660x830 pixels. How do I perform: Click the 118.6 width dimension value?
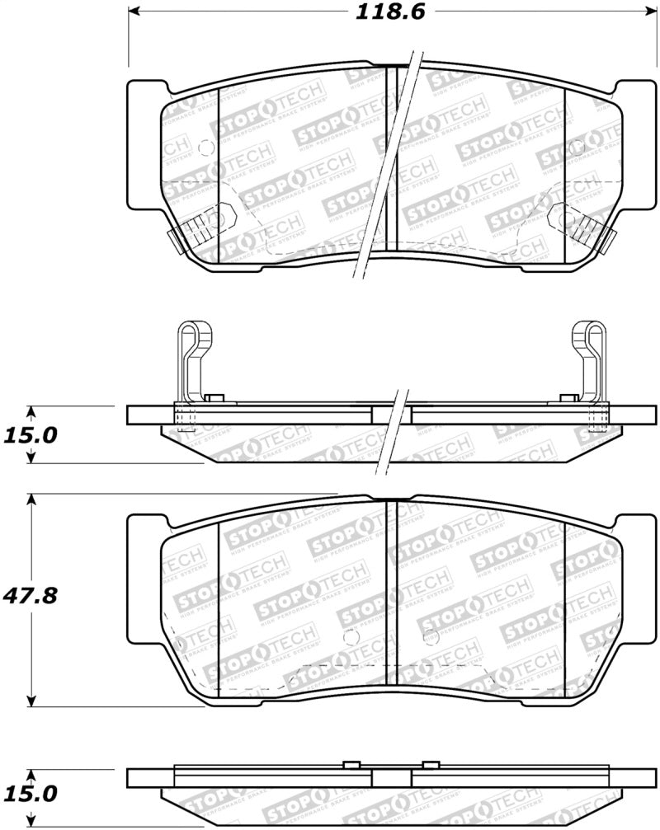[383, 12]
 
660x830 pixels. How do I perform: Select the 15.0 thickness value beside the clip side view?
[29, 434]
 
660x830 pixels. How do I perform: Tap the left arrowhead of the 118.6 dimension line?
[134, 12]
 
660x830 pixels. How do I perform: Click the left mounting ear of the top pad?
[142, 144]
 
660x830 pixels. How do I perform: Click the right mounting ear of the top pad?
[639, 144]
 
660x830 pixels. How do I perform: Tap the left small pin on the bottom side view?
[351, 762]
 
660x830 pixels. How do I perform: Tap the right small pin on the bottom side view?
[428, 762]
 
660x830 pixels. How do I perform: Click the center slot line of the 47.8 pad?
[398, 593]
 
